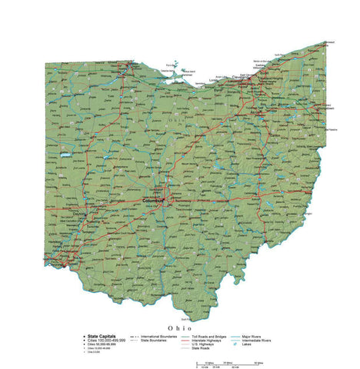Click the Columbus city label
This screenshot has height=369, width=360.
pyautogui.click(x=154, y=200)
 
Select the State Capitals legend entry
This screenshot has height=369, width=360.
pyautogui.click(x=102, y=336)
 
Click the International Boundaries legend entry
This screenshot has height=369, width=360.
pyautogui.click(x=158, y=336)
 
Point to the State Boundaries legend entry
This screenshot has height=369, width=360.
pyautogui.click(x=155, y=340)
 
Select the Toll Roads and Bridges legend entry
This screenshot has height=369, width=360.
pyautogui.click(x=208, y=336)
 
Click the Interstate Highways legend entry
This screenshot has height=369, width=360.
pyautogui.click(x=206, y=340)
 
